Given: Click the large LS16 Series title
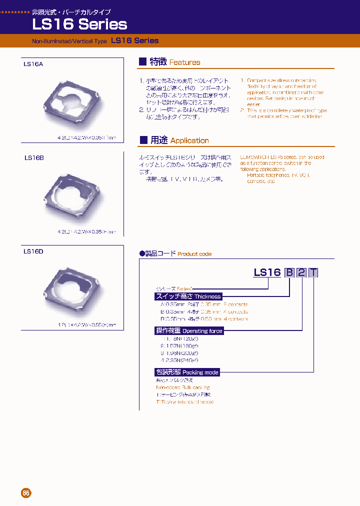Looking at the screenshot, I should coord(79,24).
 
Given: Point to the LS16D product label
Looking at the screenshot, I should coord(33,251).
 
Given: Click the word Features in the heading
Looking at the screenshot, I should coord(184,62).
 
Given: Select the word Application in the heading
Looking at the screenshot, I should coord(189,140).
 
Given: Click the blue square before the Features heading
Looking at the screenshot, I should coord(142,61).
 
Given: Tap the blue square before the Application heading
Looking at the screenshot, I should coord(142,139).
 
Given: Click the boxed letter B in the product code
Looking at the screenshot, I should coord(289,272).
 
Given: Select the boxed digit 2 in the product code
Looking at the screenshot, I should coord(301,272).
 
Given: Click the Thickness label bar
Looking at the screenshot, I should coord(188,296).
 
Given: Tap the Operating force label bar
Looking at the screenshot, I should coord(189,331).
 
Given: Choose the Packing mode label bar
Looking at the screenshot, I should coord(187,372).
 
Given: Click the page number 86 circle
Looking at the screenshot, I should coord(26,493).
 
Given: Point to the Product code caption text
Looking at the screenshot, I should coord(194,254).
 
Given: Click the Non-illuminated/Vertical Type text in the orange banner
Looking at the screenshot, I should coord(69,41).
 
